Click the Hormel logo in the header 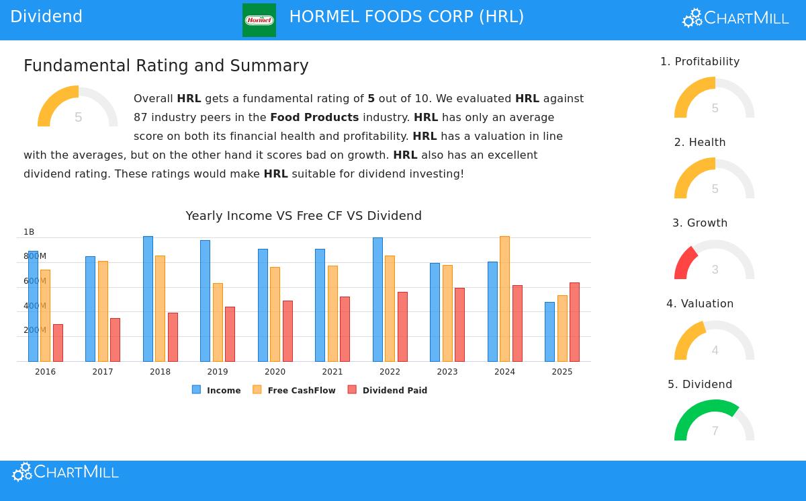259,20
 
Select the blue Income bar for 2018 148,299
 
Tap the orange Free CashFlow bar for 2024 504,299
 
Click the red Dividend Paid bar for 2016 58,342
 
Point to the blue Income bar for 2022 377,299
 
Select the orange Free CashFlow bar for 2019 218,322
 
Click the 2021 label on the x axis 332,372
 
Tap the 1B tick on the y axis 29,232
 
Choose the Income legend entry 216,390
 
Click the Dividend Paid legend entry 388,390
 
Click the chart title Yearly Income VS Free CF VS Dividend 304,216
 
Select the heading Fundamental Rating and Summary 166,66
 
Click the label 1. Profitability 700,62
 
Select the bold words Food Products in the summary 314,118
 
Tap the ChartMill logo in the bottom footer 65,472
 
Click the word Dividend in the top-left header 46,17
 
